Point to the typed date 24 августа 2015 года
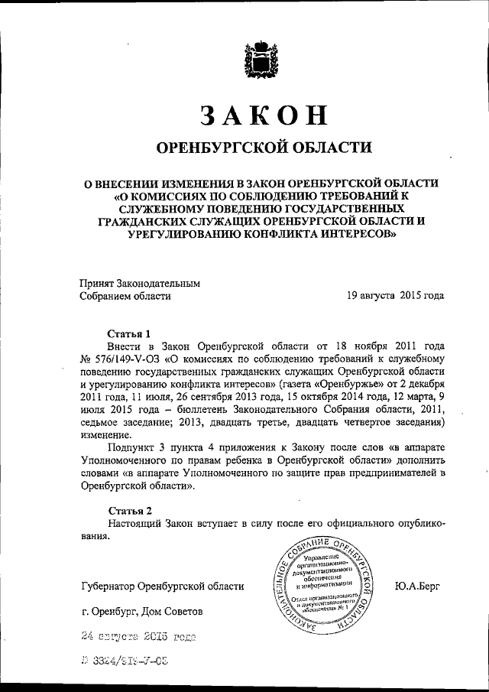click(138, 635)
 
